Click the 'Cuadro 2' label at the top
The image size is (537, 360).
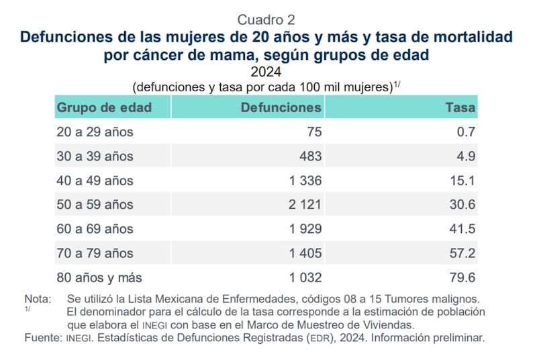[x=266, y=20]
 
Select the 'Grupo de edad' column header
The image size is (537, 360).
[x=104, y=107]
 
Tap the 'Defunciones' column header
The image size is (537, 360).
[x=281, y=107]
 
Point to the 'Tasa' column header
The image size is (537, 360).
[x=460, y=107]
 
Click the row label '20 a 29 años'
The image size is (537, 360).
[x=95, y=132]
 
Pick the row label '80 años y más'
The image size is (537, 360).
[x=99, y=277]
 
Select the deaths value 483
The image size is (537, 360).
[x=311, y=156]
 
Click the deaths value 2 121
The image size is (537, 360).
[x=305, y=205]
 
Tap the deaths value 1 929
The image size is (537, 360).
[x=305, y=229]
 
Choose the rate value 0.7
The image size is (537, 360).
[x=467, y=132]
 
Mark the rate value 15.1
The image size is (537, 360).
[x=464, y=181]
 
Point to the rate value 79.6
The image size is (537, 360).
[x=463, y=277]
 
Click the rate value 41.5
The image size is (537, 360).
[x=463, y=229]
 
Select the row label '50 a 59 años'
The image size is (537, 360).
[x=95, y=205]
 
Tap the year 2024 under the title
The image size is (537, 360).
[x=266, y=72]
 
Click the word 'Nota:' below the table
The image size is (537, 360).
[x=38, y=298]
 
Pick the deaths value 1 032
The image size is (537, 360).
[x=305, y=277]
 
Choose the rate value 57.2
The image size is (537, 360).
[x=463, y=253]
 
